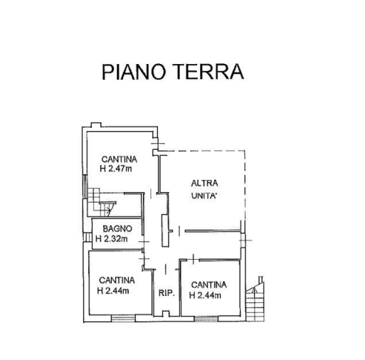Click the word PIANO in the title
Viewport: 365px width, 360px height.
click(x=133, y=72)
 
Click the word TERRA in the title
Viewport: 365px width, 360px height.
click(x=210, y=72)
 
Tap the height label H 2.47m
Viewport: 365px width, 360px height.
click(x=116, y=169)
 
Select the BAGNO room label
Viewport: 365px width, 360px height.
click(x=117, y=229)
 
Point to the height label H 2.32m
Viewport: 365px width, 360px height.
click(x=112, y=238)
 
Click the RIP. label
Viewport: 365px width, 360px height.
click(x=166, y=293)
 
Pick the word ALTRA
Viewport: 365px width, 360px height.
click(x=204, y=184)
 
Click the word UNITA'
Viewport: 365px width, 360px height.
click(x=205, y=196)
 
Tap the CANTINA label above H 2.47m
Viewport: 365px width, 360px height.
click(x=120, y=159)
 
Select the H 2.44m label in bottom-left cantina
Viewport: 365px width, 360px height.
click(x=113, y=291)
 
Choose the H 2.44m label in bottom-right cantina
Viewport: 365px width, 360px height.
click(x=205, y=295)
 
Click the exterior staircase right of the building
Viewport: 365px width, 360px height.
click(x=255, y=300)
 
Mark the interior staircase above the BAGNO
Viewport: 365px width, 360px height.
click(x=102, y=202)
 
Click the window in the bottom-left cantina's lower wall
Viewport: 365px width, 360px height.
click(x=123, y=318)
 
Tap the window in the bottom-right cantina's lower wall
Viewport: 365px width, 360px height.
click(x=206, y=319)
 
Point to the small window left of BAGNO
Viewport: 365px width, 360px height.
click(x=88, y=237)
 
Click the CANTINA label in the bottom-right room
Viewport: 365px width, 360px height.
click(x=209, y=285)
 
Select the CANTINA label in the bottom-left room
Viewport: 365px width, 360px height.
click(x=117, y=280)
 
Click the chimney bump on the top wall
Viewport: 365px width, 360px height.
click(x=96, y=125)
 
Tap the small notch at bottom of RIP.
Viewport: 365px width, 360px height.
click(x=166, y=314)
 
